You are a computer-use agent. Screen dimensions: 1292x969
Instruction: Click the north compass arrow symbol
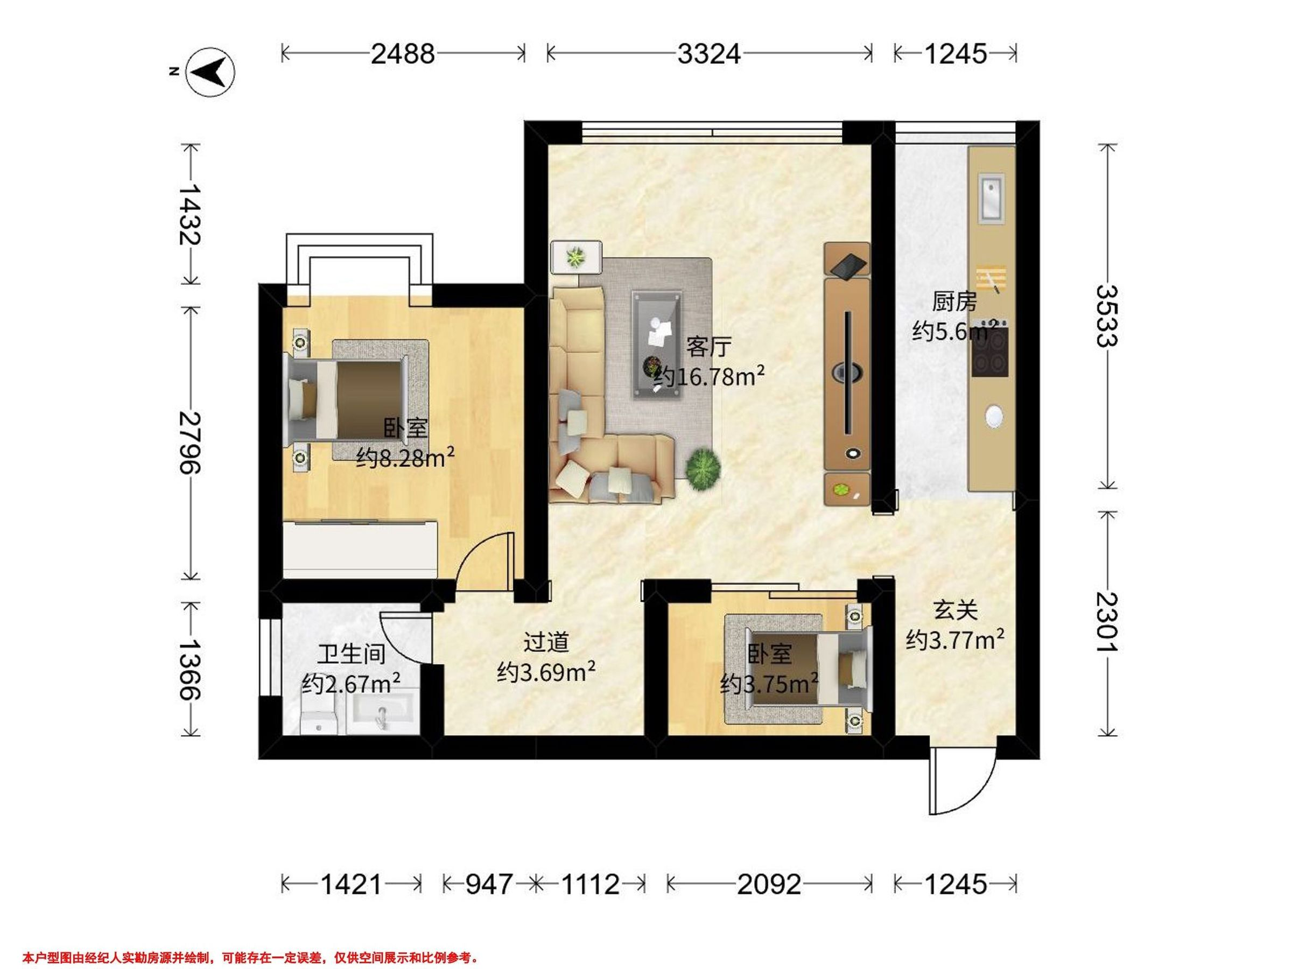(x=210, y=72)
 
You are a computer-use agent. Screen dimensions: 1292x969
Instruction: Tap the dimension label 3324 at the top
(x=709, y=54)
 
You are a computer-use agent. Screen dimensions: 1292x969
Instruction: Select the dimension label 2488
(x=403, y=54)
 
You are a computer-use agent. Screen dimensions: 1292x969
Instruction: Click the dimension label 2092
(x=769, y=885)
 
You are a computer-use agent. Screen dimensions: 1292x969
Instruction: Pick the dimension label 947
(x=489, y=885)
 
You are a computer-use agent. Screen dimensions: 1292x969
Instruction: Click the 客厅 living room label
(x=708, y=347)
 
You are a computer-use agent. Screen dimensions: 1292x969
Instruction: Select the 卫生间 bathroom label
(x=351, y=655)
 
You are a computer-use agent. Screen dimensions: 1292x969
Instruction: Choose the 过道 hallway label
(x=546, y=642)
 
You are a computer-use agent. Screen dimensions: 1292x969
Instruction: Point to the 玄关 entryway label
(x=956, y=611)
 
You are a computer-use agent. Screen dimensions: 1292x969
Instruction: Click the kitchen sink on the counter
(x=991, y=199)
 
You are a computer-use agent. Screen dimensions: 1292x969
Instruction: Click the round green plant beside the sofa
(x=703, y=467)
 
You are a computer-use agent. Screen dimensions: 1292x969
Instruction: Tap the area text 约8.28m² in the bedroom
(x=406, y=459)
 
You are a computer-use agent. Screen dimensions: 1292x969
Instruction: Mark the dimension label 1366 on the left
(x=189, y=669)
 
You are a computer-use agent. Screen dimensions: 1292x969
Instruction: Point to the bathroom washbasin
(x=383, y=713)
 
